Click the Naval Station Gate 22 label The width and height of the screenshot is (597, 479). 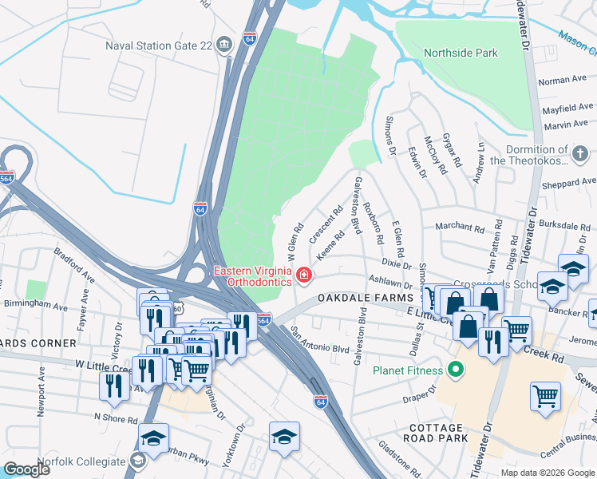click(x=159, y=46)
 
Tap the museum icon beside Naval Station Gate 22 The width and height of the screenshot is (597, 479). click(x=224, y=45)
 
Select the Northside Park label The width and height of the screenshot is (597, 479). click(x=460, y=53)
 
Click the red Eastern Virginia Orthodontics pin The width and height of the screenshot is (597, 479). click(x=304, y=276)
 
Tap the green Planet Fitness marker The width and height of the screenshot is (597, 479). click(x=455, y=369)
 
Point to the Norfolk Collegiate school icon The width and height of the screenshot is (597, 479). click(x=137, y=461)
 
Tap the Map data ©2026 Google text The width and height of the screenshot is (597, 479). click(x=546, y=473)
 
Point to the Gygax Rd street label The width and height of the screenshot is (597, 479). click(x=452, y=150)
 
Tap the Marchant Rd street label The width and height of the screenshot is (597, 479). click(x=459, y=228)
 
